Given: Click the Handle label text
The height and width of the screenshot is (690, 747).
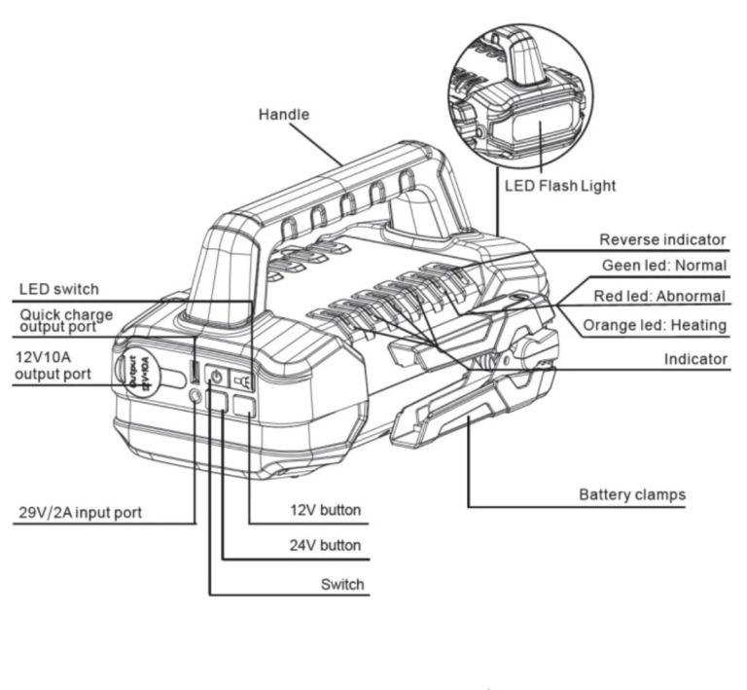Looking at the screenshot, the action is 283,115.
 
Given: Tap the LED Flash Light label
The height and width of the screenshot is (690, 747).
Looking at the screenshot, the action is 560,185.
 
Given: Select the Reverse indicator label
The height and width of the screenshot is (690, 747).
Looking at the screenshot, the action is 662,239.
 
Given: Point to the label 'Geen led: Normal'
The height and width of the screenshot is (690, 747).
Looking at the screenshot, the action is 664,265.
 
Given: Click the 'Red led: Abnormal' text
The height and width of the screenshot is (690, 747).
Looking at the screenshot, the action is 659,296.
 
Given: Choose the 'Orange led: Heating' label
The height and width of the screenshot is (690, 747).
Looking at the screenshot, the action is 655,325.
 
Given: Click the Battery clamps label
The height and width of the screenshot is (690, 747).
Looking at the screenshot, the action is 632,494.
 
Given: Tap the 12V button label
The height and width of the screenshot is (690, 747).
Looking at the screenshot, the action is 326,510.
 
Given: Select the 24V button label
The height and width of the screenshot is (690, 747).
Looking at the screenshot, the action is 325,545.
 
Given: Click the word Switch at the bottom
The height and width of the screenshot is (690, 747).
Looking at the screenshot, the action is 342,584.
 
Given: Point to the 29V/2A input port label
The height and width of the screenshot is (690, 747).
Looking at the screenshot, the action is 80,513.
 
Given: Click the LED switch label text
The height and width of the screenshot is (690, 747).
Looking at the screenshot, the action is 58,289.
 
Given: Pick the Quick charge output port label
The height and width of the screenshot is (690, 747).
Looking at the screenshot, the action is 66,320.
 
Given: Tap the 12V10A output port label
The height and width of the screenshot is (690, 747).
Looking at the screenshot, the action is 53,366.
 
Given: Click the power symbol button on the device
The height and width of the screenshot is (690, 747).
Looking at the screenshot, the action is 216,378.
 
